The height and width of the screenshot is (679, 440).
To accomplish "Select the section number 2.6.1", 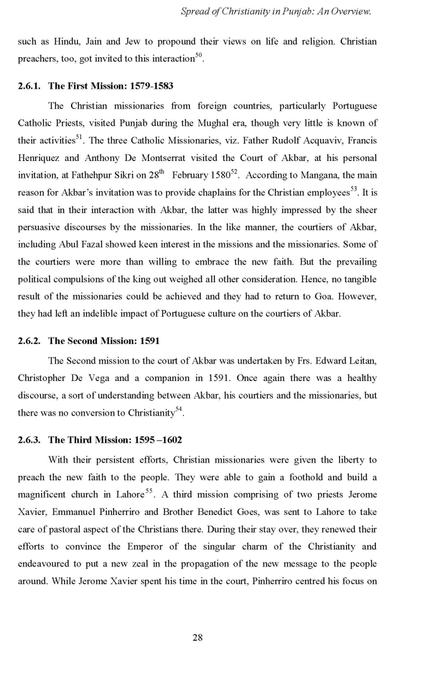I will [30, 86].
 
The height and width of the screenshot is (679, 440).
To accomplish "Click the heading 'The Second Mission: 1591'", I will [104, 341].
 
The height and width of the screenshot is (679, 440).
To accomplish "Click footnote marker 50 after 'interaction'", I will [199, 55].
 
